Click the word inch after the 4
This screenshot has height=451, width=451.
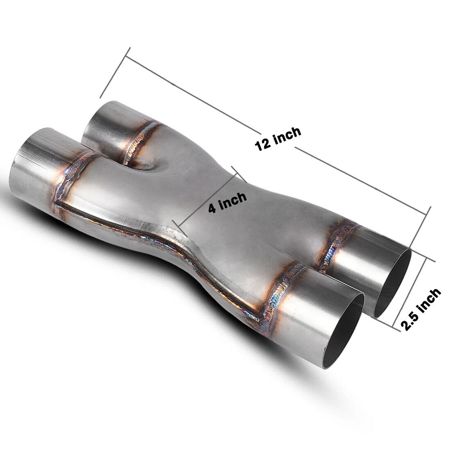tap(232, 200)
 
